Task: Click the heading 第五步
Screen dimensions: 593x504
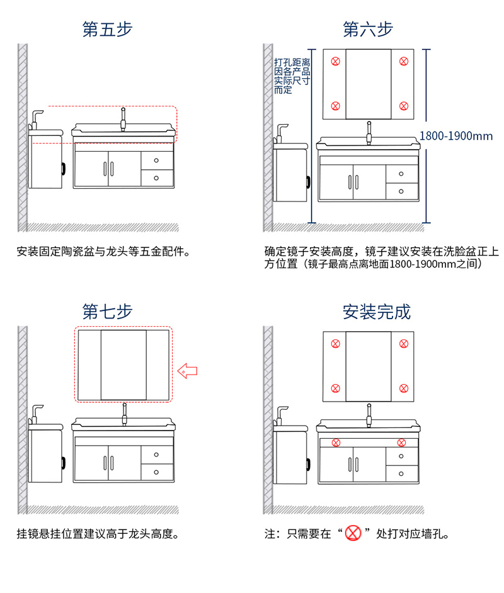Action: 107,30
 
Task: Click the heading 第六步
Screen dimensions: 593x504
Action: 368,30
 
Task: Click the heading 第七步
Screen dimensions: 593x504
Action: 107,311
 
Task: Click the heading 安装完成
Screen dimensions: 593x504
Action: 376,311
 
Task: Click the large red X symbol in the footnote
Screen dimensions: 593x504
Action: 355,534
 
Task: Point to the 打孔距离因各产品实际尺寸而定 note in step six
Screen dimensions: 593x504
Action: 292,76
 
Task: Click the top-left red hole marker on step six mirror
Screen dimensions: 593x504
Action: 335,61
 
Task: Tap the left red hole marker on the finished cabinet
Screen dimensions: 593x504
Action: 336,443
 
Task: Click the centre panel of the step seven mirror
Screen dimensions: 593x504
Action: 123,364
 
